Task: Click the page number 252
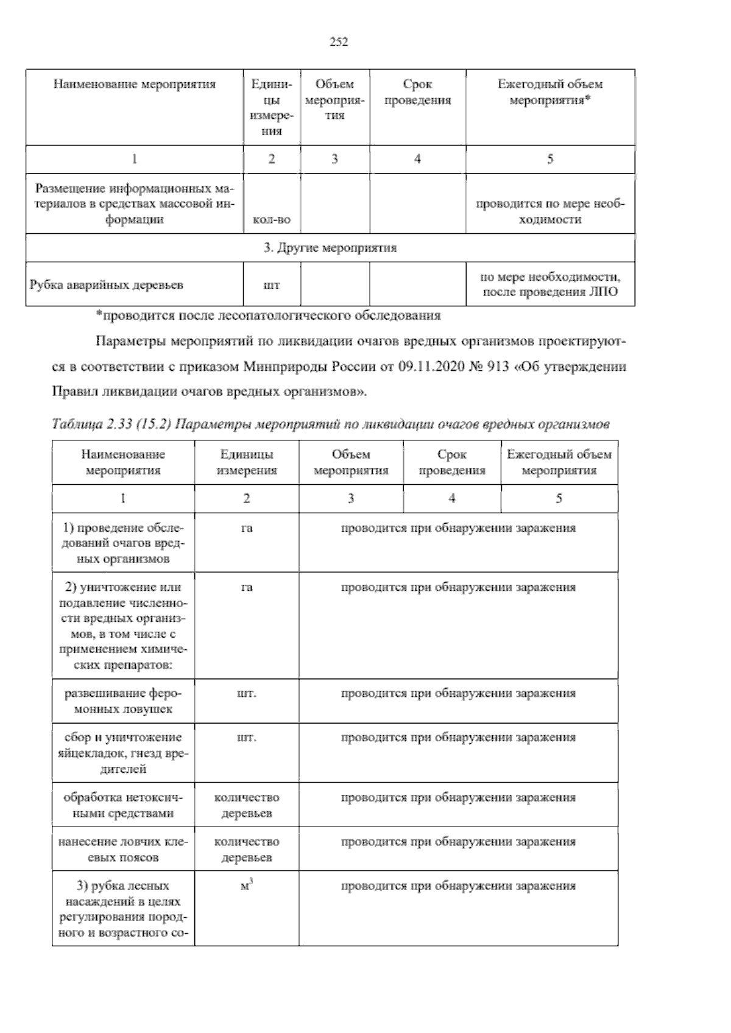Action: [x=338, y=42]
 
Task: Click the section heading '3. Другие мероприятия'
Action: [x=330, y=248]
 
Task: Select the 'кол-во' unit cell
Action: [x=271, y=220]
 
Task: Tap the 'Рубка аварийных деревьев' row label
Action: [x=107, y=285]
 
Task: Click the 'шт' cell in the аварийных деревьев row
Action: [x=271, y=285]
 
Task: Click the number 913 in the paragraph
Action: [x=497, y=367]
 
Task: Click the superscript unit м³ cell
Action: [x=246, y=887]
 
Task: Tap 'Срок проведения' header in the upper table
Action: [x=417, y=93]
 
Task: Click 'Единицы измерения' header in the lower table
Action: [x=247, y=462]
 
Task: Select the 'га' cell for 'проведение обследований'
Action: [x=246, y=528]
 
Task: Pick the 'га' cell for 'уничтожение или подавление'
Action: [x=246, y=588]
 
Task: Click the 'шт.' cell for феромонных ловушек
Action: [x=246, y=694]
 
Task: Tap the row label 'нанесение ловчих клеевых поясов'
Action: [x=123, y=850]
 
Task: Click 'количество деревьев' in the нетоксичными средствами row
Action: [x=246, y=805]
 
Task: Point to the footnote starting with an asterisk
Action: [x=268, y=316]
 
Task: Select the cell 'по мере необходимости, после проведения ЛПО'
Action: [x=550, y=284]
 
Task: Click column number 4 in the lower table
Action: [x=451, y=498]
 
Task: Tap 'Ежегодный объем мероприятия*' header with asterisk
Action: [x=550, y=93]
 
